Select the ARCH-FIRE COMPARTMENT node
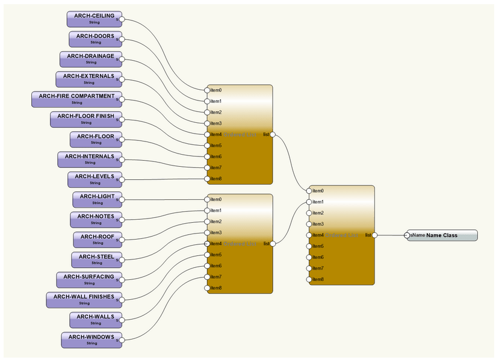(76, 99)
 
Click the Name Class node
(442, 235)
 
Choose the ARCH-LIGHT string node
(97, 199)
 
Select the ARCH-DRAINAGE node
(91, 59)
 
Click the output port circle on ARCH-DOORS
(120, 40)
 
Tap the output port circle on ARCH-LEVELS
(120, 179)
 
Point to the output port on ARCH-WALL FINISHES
(120, 300)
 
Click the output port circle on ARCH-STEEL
(120, 260)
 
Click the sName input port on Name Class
(408, 235)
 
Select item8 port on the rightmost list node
(309, 279)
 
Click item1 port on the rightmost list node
(309, 202)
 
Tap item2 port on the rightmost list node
(309, 213)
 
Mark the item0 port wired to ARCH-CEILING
(207, 90)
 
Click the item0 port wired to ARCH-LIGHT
(207, 199)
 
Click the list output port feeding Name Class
(374, 235)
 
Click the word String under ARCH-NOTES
(96, 223)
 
